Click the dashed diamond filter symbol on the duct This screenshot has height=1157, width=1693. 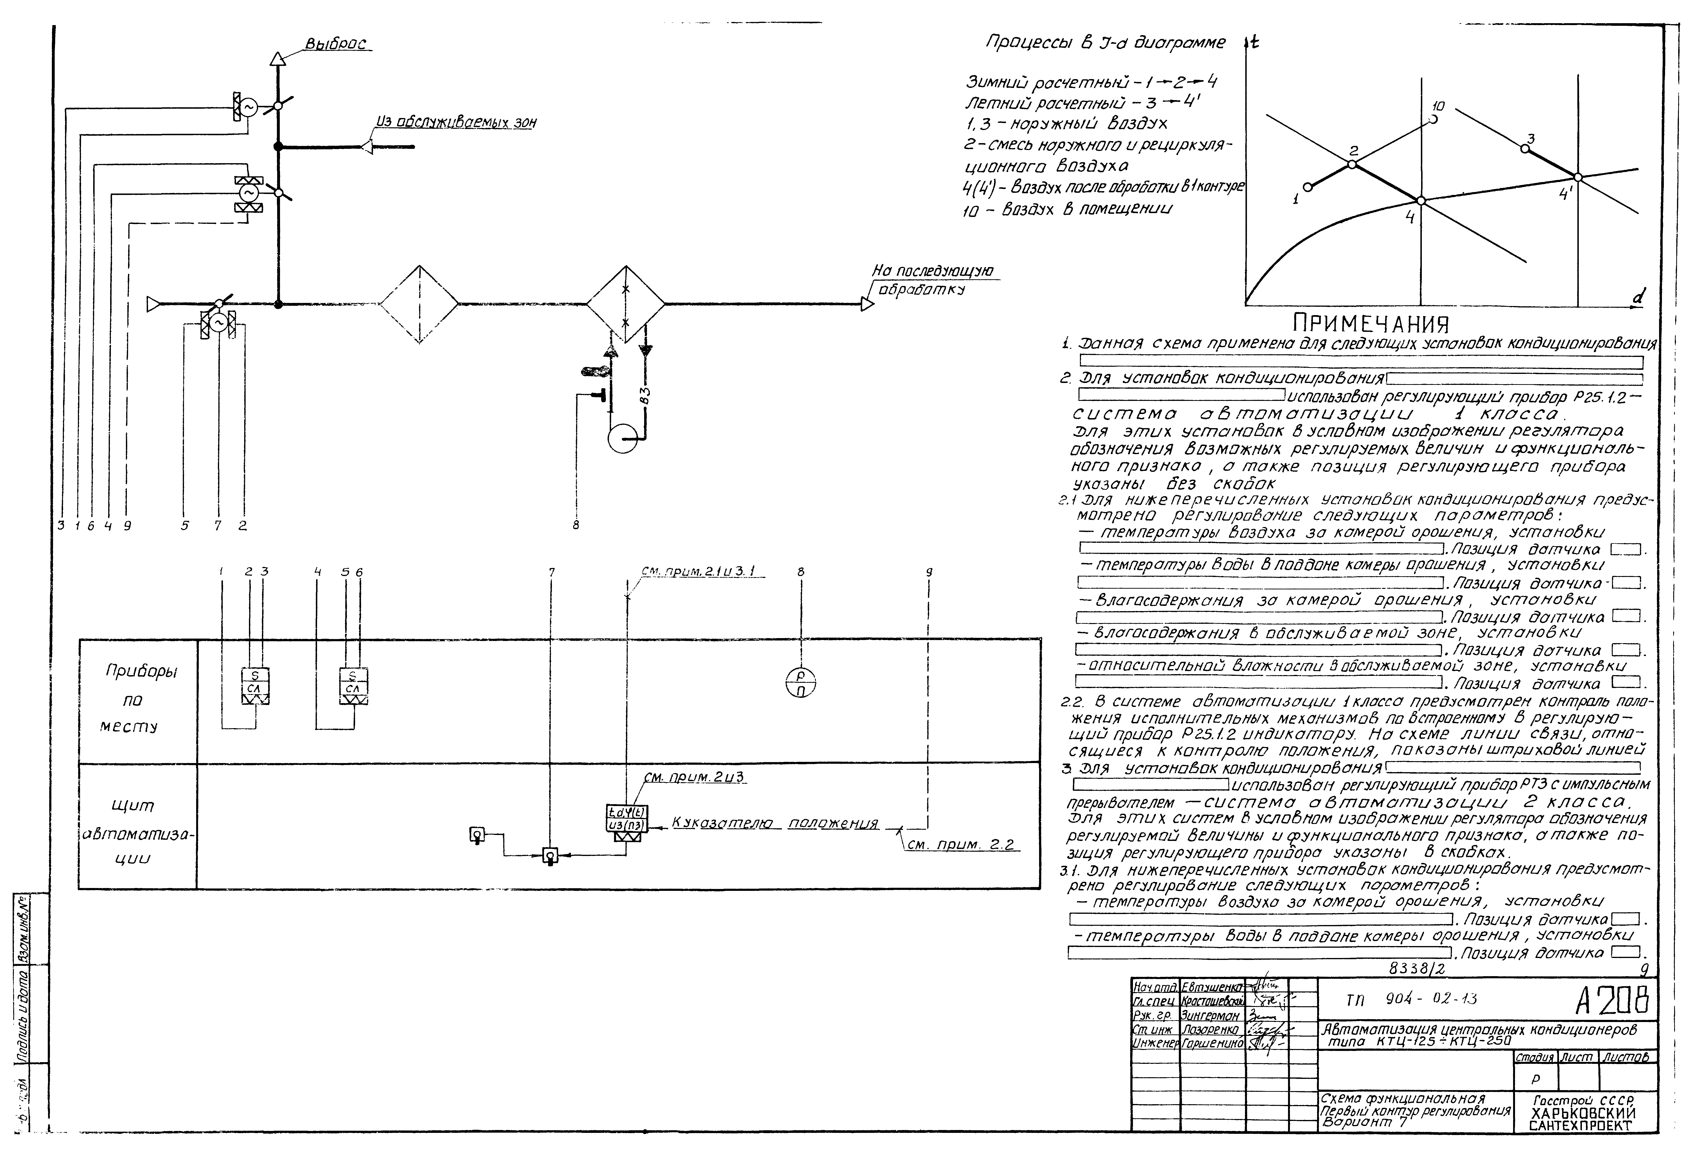tap(419, 303)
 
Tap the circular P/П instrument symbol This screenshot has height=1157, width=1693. tap(801, 683)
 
